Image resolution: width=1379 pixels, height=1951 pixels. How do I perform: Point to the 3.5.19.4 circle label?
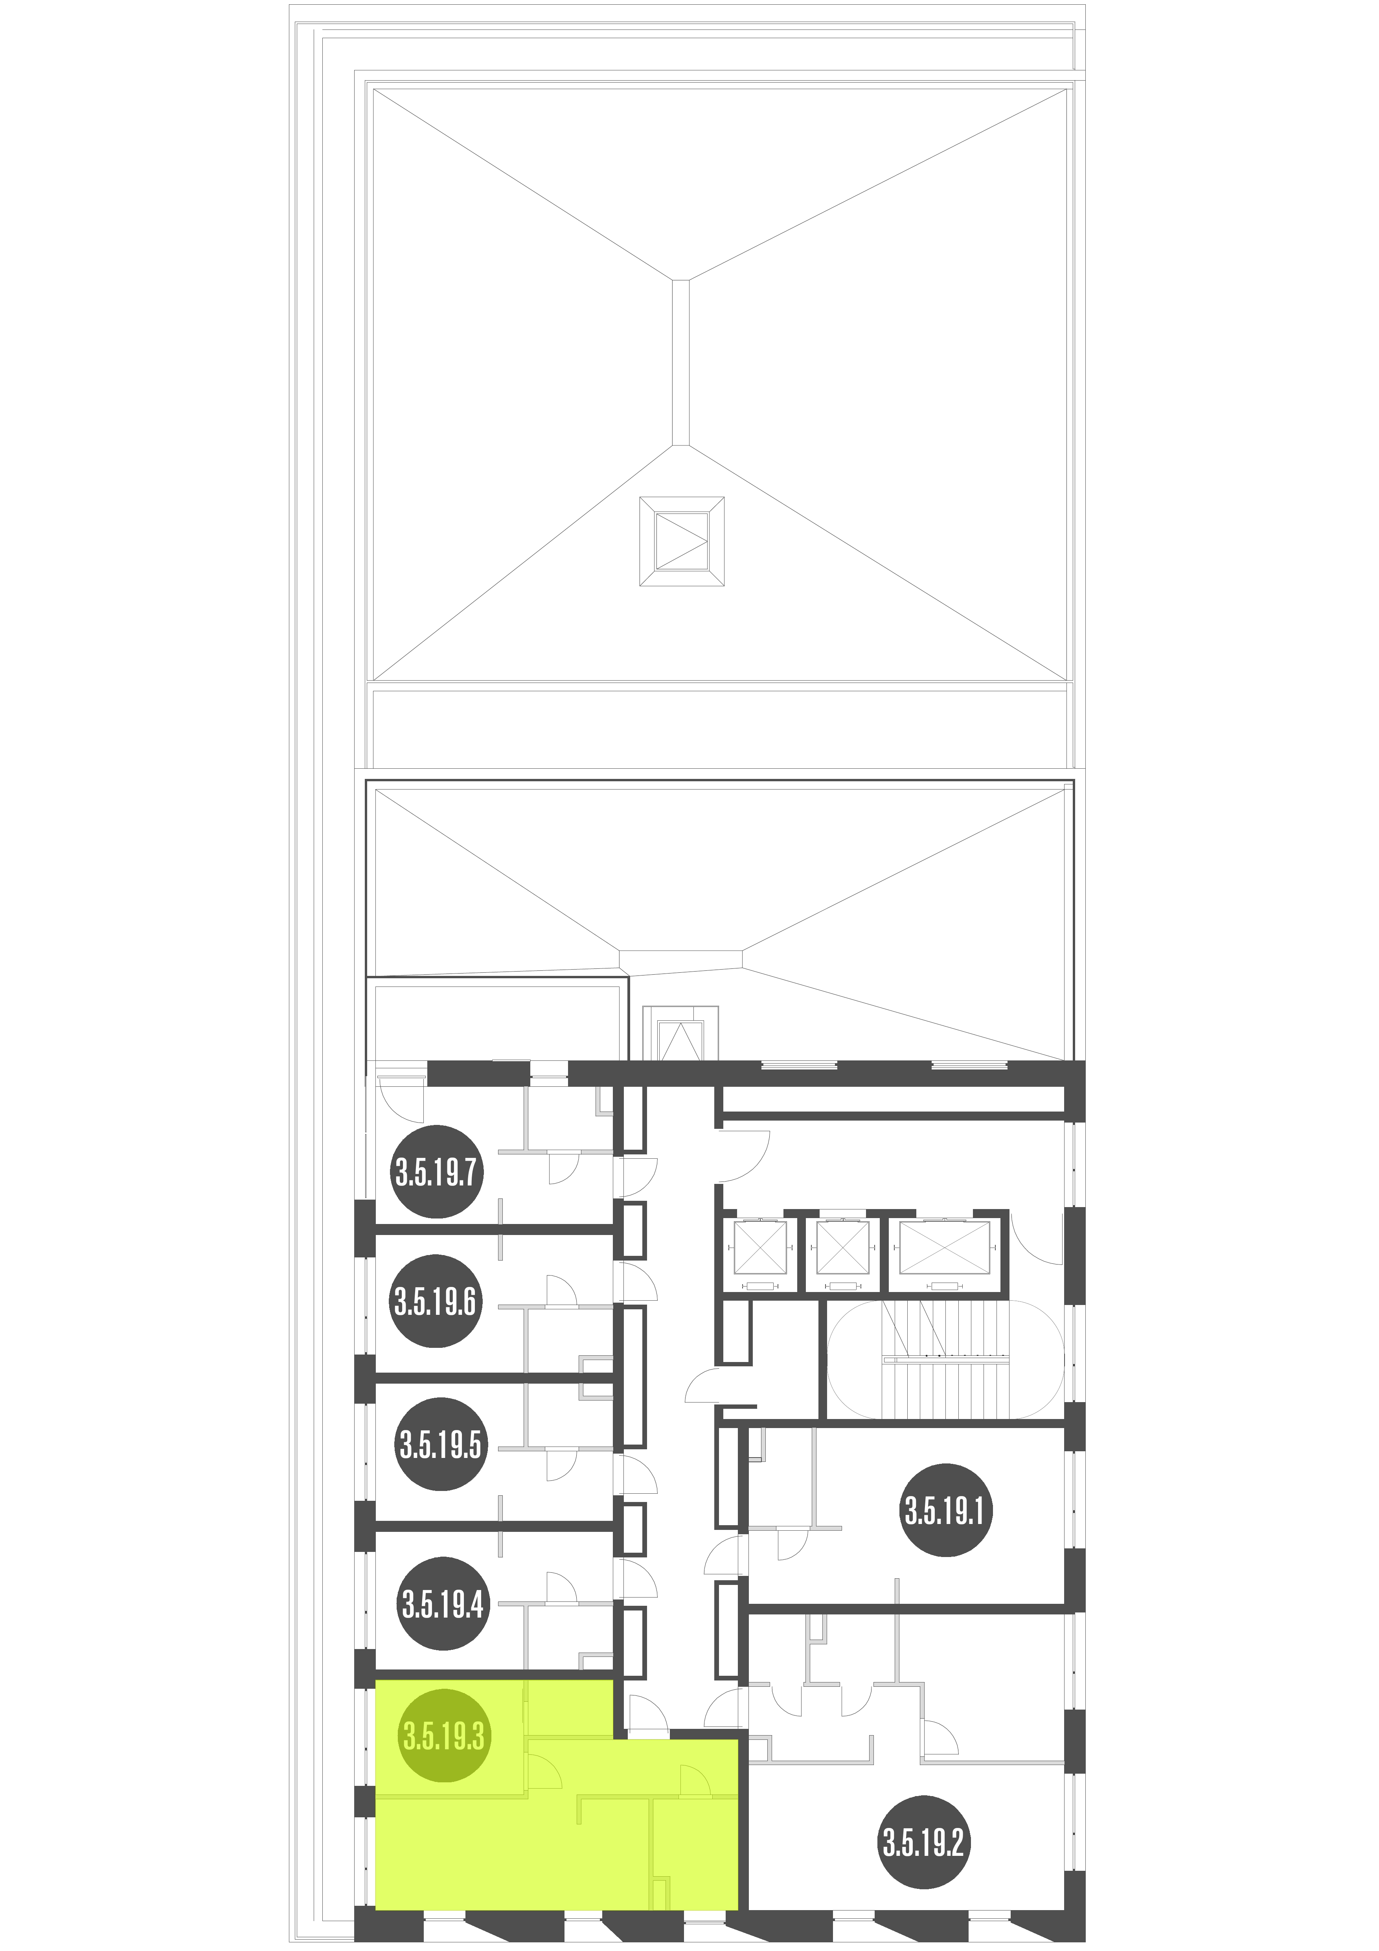pyautogui.click(x=443, y=1603)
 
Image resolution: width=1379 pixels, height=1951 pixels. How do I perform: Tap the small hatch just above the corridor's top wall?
pyautogui.click(x=680, y=1033)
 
